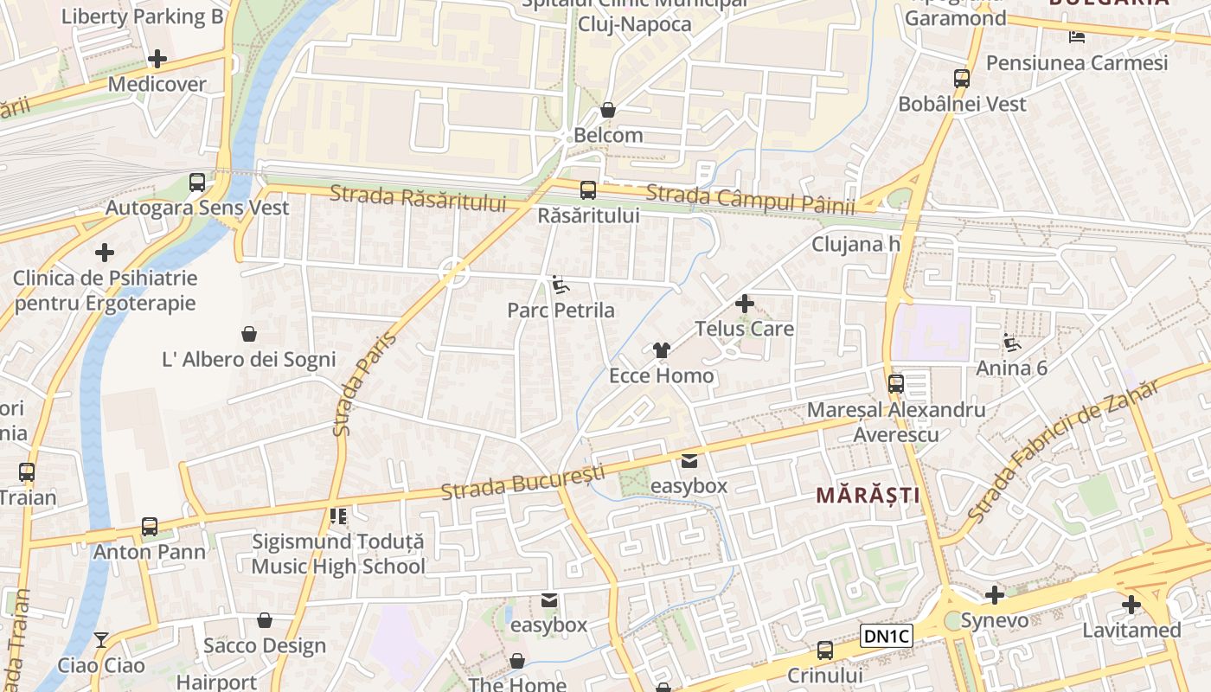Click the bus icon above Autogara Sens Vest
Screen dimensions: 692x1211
[x=197, y=183]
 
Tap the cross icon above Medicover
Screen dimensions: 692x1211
[x=157, y=59]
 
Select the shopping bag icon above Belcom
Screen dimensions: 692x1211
[x=608, y=110]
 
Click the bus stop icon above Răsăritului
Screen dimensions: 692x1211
[x=588, y=189]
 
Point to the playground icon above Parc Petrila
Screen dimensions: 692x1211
[x=561, y=285]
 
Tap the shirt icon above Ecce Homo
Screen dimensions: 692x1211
[x=662, y=350]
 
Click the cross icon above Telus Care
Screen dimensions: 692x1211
[x=744, y=304]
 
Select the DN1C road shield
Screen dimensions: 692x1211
[x=887, y=637]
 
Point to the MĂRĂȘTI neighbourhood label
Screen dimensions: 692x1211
[x=868, y=496]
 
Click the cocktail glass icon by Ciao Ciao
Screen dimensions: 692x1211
[x=101, y=640]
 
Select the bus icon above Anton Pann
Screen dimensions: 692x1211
[x=150, y=526]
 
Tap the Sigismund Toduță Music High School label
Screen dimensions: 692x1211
[x=338, y=554]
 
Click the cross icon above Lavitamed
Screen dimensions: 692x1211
[x=1131, y=605]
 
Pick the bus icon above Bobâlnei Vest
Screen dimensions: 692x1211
[x=962, y=79]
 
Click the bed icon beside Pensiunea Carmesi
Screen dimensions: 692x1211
[x=1077, y=36]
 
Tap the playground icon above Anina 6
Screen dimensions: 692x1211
[x=1011, y=343]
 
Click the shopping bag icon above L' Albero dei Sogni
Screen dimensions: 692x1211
[x=249, y=334]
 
